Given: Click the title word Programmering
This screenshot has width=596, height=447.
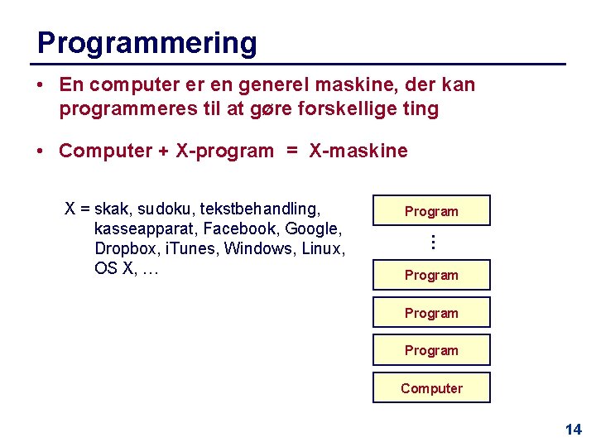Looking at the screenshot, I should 147,43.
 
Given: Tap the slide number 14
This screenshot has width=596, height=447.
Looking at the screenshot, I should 573,429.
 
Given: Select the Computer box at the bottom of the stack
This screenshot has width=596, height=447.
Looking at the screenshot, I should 431,388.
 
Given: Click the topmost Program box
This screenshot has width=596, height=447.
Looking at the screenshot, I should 431,211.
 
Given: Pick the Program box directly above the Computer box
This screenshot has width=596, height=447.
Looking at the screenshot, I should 431,350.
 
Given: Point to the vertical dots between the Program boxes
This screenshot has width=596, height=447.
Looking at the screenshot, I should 431,243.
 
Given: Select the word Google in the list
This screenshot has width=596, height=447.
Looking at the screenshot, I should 311,228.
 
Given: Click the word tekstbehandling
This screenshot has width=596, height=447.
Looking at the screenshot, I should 260,209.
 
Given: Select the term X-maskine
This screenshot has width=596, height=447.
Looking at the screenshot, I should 358,151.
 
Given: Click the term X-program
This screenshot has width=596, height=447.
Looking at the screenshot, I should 224,151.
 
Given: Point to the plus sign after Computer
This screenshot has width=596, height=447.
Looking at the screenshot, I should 163,151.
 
